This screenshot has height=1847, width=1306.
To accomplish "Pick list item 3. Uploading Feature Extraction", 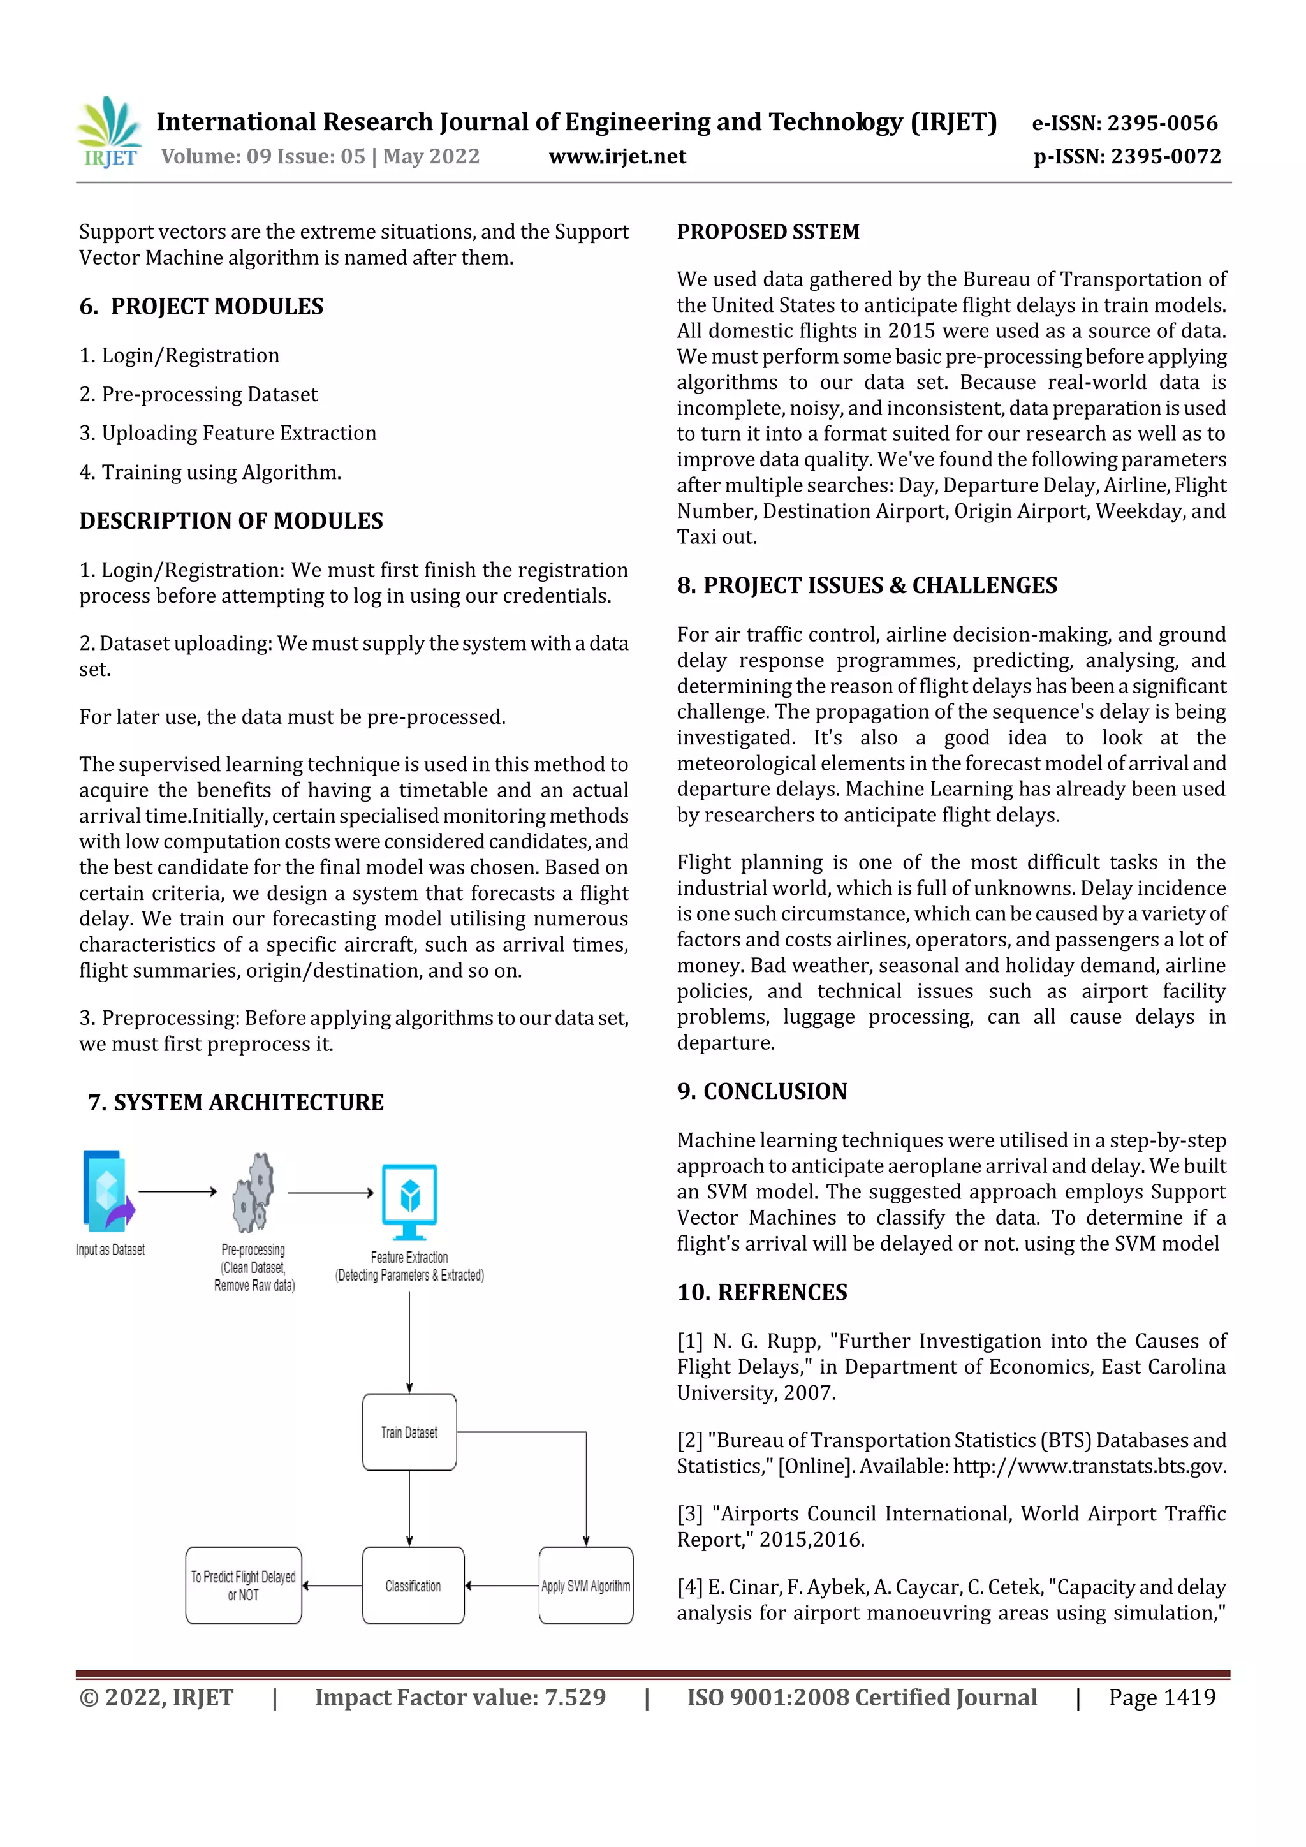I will (228, 434).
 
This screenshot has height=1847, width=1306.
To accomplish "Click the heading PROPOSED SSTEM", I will (767, 232).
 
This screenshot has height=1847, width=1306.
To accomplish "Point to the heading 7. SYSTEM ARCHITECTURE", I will (235, 1102).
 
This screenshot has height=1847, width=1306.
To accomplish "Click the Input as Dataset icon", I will (107, 1191).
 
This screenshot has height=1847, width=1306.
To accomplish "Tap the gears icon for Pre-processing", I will (253, 1193).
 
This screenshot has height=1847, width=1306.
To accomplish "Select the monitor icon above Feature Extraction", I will (409, 1201).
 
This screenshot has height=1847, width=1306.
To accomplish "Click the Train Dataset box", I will (409, 1432).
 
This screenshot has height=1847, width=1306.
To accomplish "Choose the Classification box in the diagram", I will (413, 1586).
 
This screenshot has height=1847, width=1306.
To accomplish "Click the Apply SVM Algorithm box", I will (585, 1586).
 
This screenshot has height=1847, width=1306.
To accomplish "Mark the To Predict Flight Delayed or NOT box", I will (244, 1586).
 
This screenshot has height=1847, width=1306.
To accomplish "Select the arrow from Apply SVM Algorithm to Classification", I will (502, 1586).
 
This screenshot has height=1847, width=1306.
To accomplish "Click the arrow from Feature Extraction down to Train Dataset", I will (409, 1339).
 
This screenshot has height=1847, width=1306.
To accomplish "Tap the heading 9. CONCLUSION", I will (761, 1092).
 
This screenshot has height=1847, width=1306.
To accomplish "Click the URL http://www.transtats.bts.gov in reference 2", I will (1089, 1466).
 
